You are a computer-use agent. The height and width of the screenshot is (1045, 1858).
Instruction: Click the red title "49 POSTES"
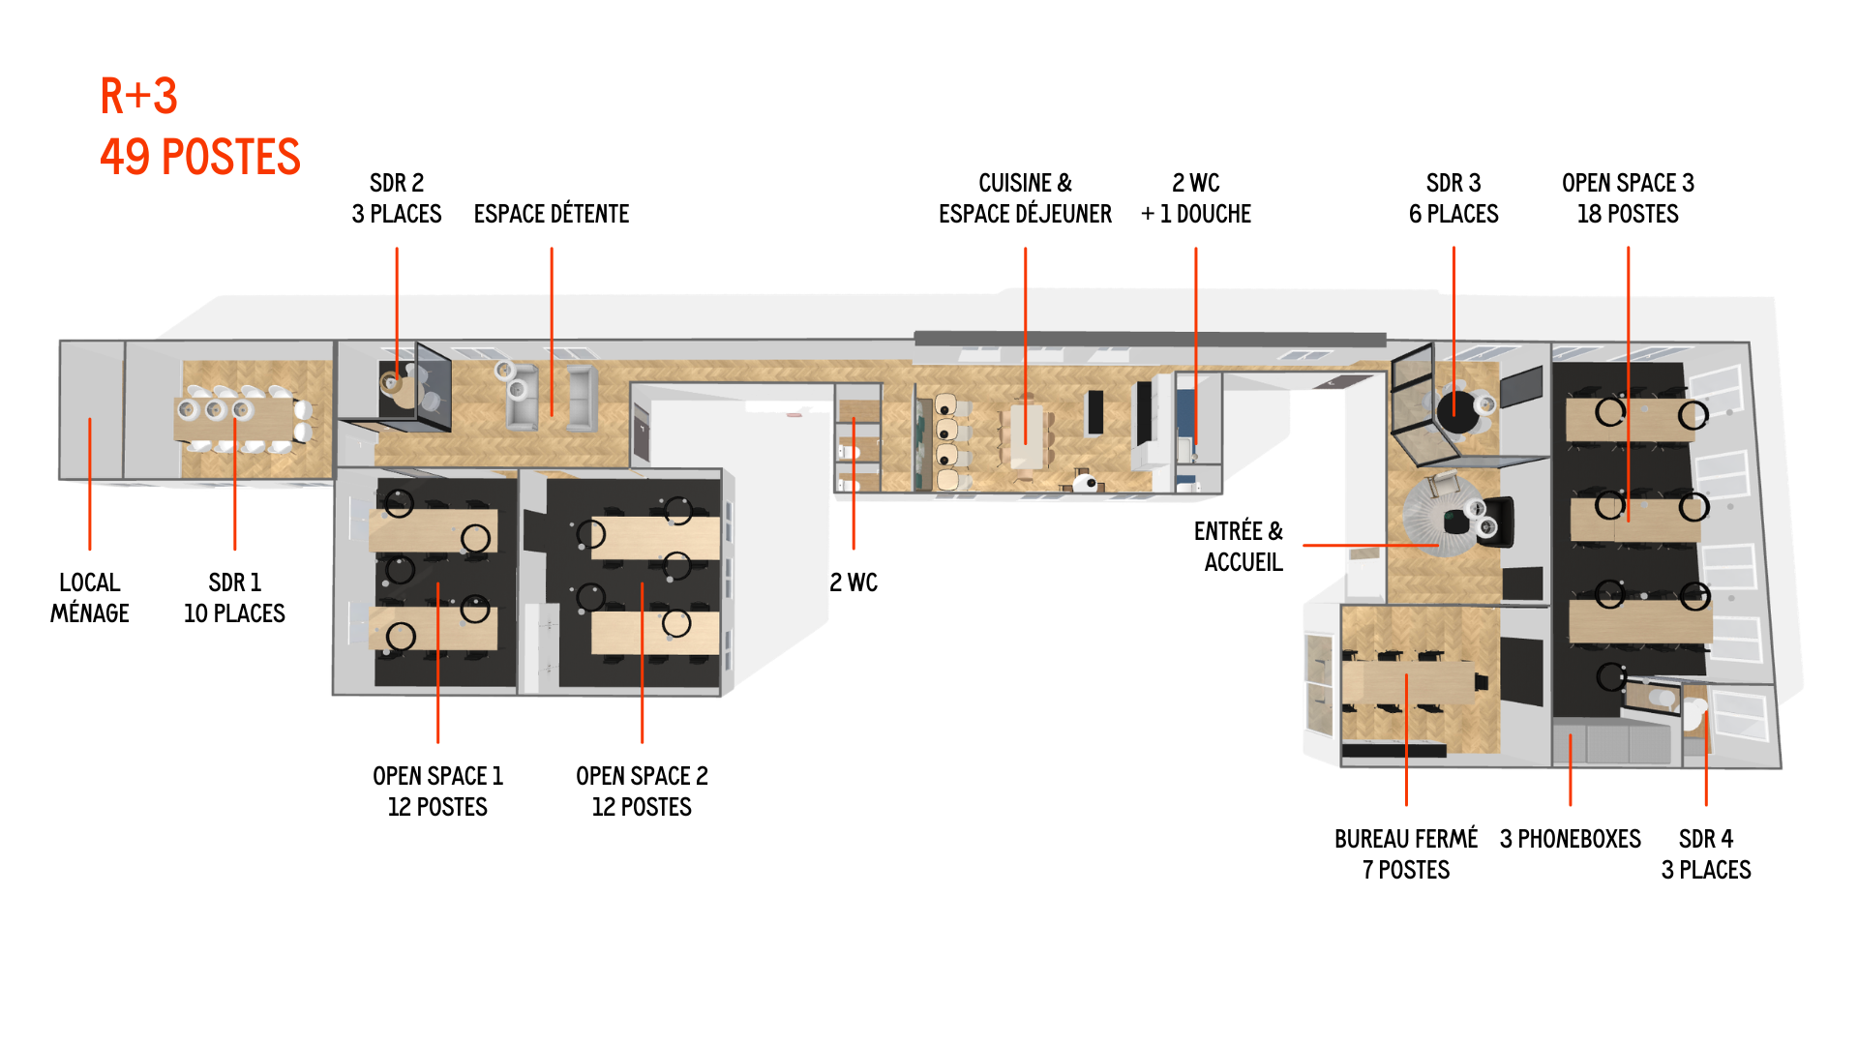pyautogui.click(x=200, y=158)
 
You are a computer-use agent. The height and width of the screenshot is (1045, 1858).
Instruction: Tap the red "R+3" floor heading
pyautogui.click(x=139, y=97)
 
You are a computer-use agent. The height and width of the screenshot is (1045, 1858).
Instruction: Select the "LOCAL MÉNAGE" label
pyautogui.click(x=89, y=598)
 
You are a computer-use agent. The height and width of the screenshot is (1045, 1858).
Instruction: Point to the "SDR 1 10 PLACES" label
pyautogui.click(x=234, y=598)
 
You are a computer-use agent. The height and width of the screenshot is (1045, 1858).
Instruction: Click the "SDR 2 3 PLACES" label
pyautogui.click(x=397, y=198)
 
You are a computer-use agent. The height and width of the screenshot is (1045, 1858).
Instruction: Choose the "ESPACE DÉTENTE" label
pyautogui.click(x=552, y=214)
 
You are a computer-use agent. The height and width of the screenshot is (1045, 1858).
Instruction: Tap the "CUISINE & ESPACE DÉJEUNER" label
pyautogui.click(x=1025, y=198)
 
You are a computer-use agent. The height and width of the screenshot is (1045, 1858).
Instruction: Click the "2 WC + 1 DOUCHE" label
pyautogui.click(x=1196, y=198)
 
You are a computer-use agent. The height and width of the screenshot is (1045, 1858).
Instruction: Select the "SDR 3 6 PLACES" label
pyautogui.click(x=1453, y=198)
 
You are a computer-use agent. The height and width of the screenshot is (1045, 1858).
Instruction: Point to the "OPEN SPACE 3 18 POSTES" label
pyautogui.click(x=1628, y=198)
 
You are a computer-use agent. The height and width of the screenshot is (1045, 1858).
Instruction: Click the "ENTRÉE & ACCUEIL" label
pyautogui.click(x=1239, y=547)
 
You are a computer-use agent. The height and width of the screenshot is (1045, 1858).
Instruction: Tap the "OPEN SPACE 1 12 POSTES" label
pyautogui.click(x=437, y=791)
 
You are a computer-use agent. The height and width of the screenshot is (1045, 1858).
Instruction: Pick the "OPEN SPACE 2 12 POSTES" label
pyautogui.click(x=642, y=791)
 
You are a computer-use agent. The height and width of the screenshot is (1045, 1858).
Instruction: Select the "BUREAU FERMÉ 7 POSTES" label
pyautogui.click(x=1406, y=853)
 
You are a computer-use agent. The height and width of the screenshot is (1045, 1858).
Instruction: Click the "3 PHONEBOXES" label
pyautogui.click(x=1570, y=839)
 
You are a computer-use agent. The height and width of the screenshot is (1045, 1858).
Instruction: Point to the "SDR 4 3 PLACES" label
pyautogui.click(x=1706, y=853)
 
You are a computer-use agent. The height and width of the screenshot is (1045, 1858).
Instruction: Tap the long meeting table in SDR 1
pyautogui.click(x=242, y=420)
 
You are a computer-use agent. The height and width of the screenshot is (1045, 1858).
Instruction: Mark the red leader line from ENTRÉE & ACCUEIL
pyautogui.click(x=1369, y=546)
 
